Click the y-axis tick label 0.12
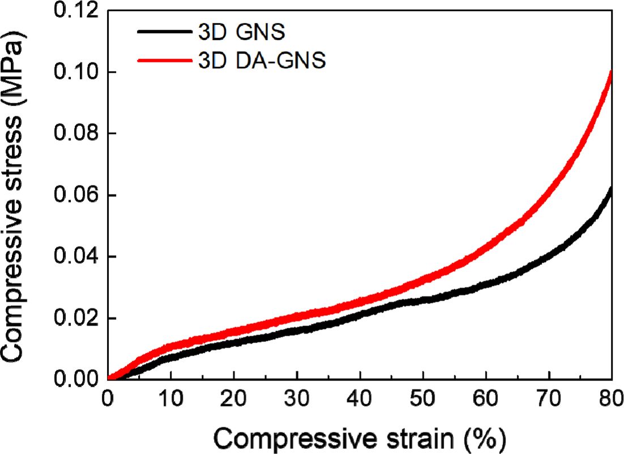point(75,11)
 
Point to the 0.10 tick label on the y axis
point(75,72)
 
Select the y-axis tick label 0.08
point(75,134)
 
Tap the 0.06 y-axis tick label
point(75,196)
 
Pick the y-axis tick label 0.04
point(75,257)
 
